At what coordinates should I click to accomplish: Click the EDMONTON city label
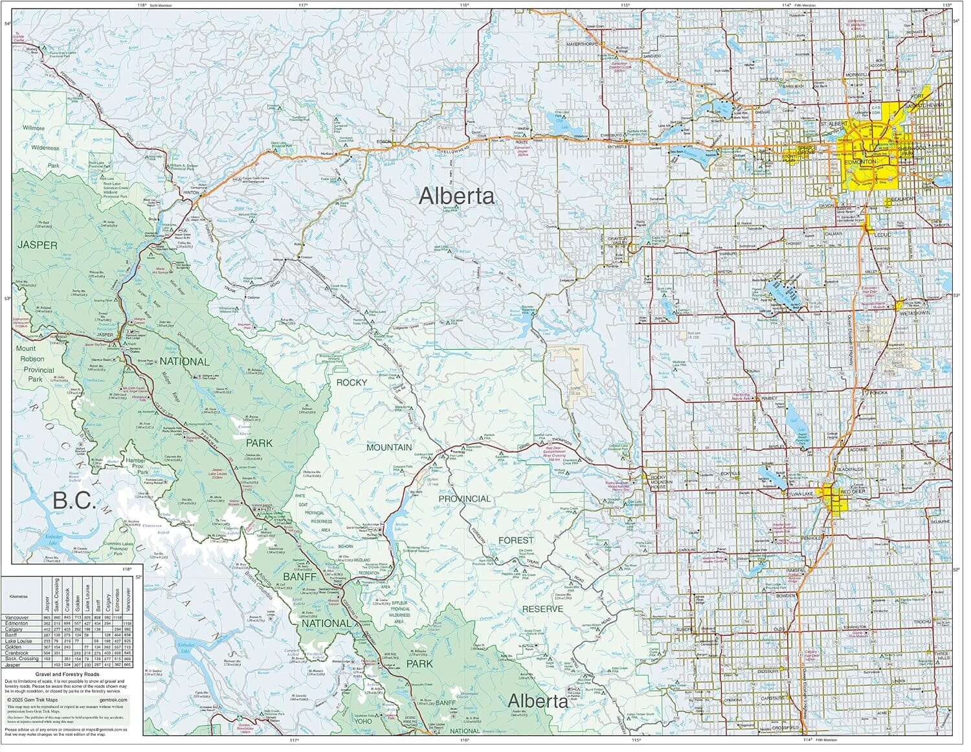861,161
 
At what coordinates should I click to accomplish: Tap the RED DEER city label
853,492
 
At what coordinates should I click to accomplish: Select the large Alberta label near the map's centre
456,196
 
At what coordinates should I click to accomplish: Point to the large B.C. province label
75,501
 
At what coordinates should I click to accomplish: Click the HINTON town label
191,192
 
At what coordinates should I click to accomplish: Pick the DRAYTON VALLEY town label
619,241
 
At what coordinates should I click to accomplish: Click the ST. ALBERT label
833,123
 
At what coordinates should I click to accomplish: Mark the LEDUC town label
884,234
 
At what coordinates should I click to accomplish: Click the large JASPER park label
38,245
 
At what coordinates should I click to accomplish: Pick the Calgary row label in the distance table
14,629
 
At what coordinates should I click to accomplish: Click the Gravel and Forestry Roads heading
68,674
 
